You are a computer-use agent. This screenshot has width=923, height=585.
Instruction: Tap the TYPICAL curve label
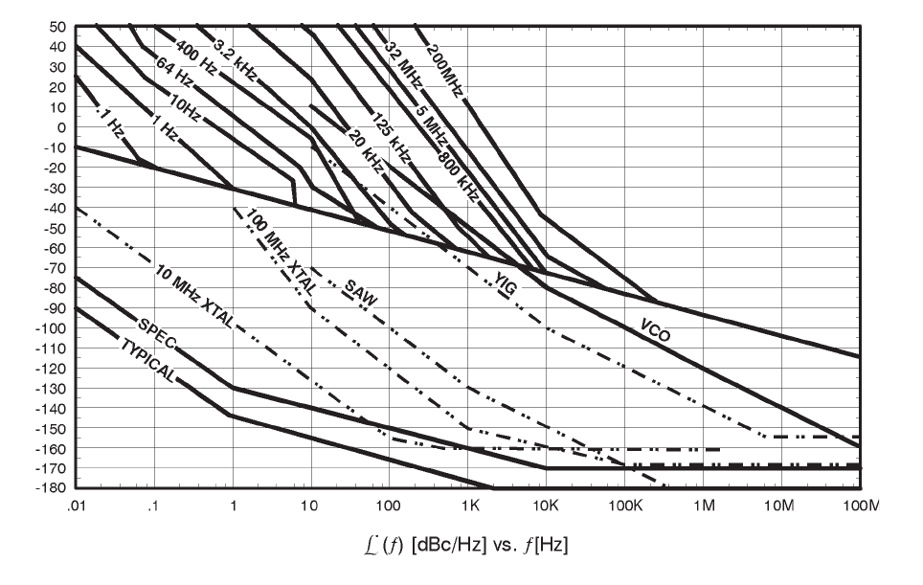point(147,361)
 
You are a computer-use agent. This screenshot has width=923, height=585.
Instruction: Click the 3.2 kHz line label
point(234,59)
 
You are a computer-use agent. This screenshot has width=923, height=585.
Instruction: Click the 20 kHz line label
point(364,151)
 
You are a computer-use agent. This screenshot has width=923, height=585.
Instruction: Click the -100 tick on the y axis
point(56,327)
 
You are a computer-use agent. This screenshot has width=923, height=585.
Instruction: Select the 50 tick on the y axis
point(59,27)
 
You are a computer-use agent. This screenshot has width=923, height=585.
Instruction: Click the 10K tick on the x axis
point(545,506)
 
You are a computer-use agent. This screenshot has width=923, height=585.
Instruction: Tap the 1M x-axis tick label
point(704,506)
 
